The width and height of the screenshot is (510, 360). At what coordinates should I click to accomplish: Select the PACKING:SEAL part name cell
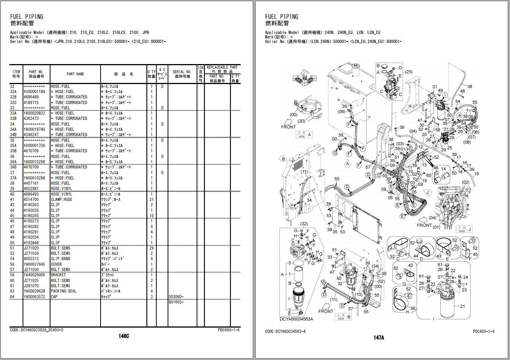click(x=63, y=291)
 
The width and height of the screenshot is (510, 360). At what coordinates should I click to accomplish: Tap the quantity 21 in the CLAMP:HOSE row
click(x=151, y=199)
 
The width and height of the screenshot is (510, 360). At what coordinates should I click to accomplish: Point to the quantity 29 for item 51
click(x=151, y=248)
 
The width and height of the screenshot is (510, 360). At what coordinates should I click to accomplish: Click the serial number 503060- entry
click(x=176, y=297)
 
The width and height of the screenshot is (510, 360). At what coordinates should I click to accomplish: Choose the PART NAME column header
click(x=75, y=74)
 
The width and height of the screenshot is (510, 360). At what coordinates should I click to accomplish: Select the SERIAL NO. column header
click(x=182, y=74)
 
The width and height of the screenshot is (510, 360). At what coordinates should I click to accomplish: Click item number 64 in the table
click(x=12, y=297)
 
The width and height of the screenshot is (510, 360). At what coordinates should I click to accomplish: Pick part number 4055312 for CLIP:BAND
click(x=31, y=259)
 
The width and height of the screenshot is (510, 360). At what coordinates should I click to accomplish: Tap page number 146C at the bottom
click(x=124, y=337)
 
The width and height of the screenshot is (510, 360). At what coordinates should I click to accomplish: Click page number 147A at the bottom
click(x=379, y=338)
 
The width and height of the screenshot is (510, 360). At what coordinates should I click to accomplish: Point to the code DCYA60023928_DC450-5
click(x=37, y=330)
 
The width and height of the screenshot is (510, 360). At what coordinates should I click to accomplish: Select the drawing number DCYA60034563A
click(x=296, y=319)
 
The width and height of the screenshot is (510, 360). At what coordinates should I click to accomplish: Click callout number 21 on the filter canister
click(x=462, y=306)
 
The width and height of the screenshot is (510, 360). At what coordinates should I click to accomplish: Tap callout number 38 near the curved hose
click(x=470, y=87)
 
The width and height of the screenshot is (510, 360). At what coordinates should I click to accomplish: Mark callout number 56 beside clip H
click(x=413, y=309)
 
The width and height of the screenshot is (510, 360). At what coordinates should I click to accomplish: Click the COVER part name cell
click(x=56, y=264)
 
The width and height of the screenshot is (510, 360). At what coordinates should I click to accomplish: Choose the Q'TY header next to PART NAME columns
click(x=151, y=74)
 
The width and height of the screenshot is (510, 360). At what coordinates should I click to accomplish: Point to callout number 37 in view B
click(x=351, y=309)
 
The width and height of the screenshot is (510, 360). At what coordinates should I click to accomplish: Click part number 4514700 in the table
click(x=31, y=199)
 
